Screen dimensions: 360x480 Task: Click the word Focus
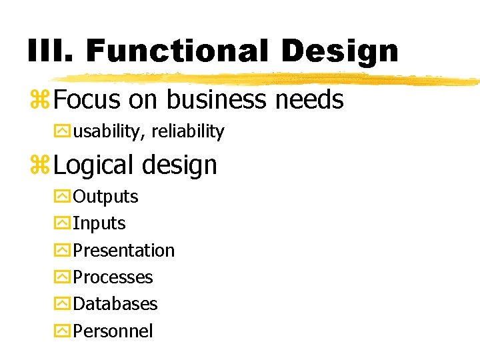coord(87,100)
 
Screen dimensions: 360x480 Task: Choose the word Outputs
coord(105,197)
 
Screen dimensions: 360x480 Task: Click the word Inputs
coord(99,223)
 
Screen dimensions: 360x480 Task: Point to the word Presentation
coord(123,250)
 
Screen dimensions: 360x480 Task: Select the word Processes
coord(113,277)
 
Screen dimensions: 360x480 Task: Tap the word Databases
coord(115,303)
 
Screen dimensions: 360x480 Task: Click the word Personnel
coord(113,331)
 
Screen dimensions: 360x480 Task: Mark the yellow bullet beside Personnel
coord(61,331)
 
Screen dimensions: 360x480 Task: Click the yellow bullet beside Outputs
coord(61,197)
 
